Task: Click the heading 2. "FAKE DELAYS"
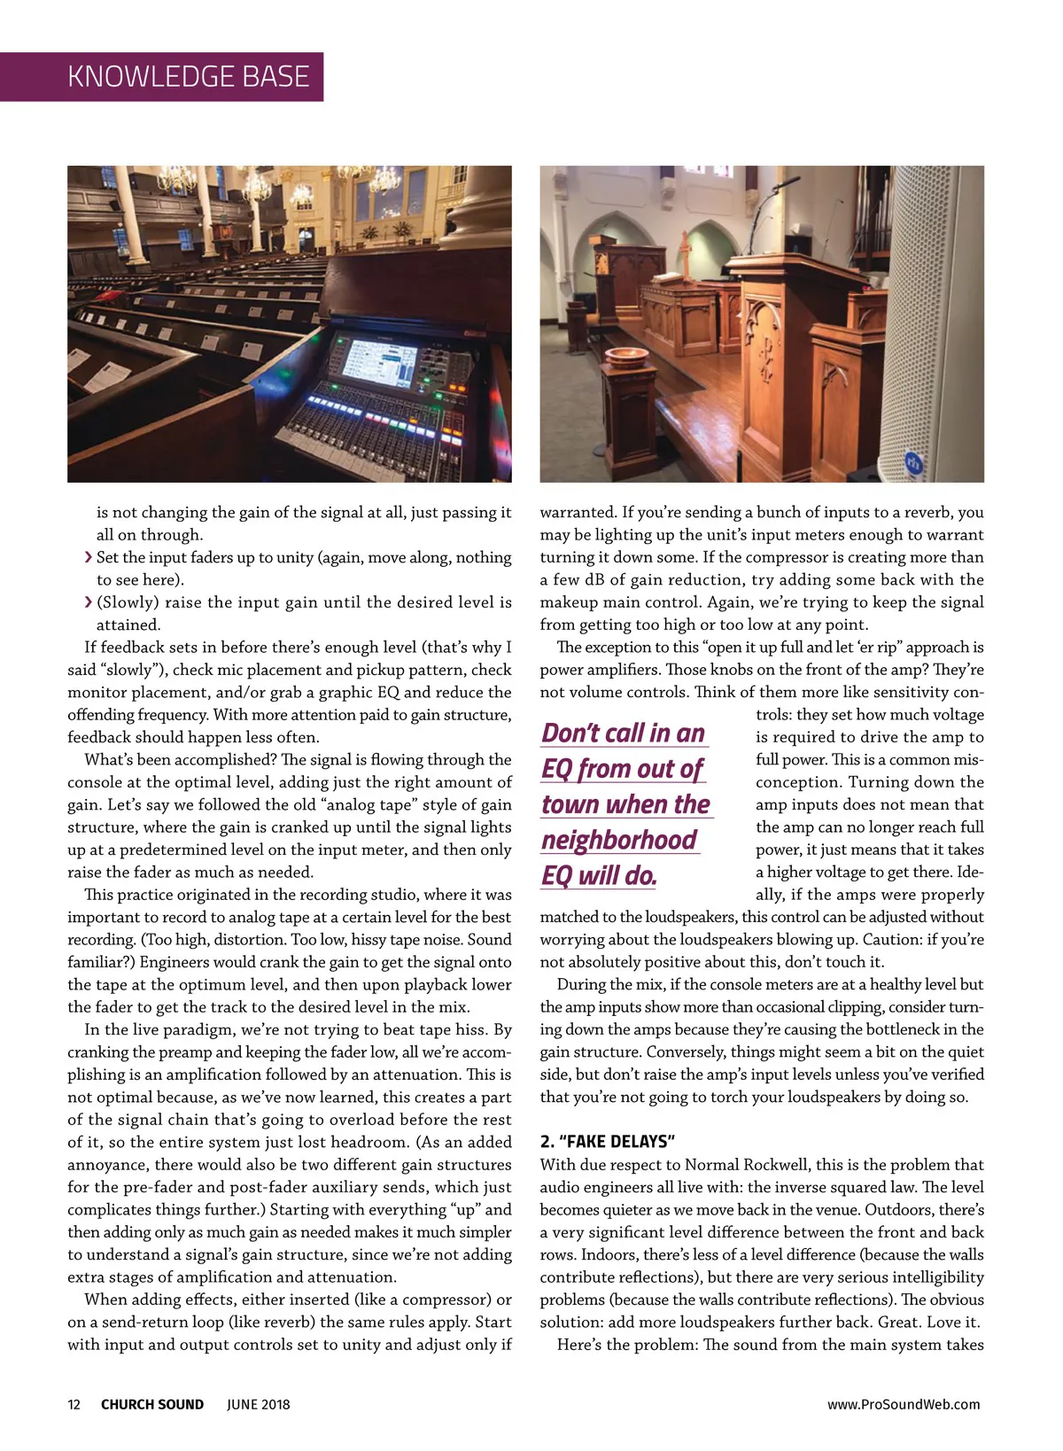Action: [608, 1141]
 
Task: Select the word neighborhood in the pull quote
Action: [619, 840]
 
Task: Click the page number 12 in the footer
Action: [74, 1404]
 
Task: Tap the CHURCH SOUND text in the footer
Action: [152, 1404]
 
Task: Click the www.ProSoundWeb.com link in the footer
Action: [904, 1404]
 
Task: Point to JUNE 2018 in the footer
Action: [258, 1404]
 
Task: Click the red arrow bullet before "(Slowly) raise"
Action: [88, 602]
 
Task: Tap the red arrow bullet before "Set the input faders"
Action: [88, 557]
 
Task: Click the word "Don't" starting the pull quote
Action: [572, 733]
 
